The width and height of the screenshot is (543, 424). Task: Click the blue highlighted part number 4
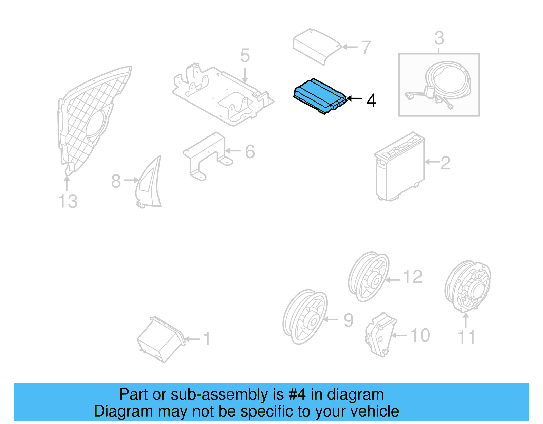319,96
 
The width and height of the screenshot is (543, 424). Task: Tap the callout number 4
371,100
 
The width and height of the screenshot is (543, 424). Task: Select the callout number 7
366,48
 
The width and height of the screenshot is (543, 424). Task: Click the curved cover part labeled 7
316,46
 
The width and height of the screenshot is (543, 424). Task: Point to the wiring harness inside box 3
441,85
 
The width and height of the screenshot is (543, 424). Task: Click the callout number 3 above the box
439,38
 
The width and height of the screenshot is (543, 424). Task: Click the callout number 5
245,56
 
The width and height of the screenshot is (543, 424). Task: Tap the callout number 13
68,201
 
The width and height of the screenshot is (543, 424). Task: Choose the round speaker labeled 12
369,277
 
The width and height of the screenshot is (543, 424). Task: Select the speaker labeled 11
468,287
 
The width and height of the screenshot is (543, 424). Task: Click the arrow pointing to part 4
354,98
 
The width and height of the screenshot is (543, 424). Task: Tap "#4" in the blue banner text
297,394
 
